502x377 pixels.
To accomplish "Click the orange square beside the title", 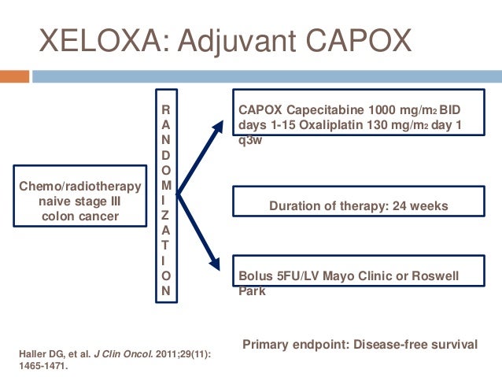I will (x=14, y=76).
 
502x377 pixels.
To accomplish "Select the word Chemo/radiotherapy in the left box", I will (x=80, y=187).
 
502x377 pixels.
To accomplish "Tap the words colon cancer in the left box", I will (x=80, y=216).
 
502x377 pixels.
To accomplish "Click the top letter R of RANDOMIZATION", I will (x=164, y=110).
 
